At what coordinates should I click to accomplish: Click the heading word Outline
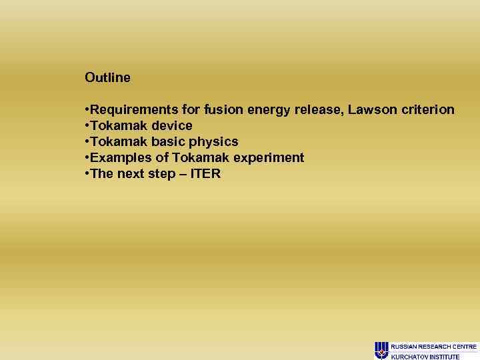(107, 77)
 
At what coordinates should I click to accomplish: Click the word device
(172, 125)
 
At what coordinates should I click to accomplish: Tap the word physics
(215, 141)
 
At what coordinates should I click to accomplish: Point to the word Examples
(118, 157)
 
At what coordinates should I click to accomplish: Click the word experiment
(269, 157)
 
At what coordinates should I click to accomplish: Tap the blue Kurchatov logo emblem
(381, 350)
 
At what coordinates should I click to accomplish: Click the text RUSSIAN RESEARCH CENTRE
(433, 347)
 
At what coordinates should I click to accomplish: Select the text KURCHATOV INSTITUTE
(425, 357)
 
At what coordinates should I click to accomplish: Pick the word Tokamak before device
(119, 125)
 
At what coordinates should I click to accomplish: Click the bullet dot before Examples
(87, 158)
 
